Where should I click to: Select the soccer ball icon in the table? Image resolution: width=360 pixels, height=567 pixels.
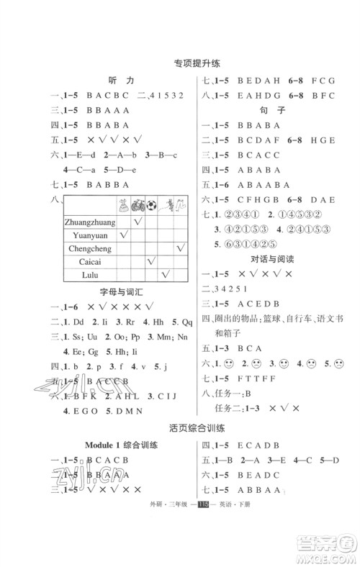pyautogui.click(x=152, y=204)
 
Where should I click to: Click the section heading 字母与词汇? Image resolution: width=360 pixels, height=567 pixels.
pyautogui.click(x=125, y=292)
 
